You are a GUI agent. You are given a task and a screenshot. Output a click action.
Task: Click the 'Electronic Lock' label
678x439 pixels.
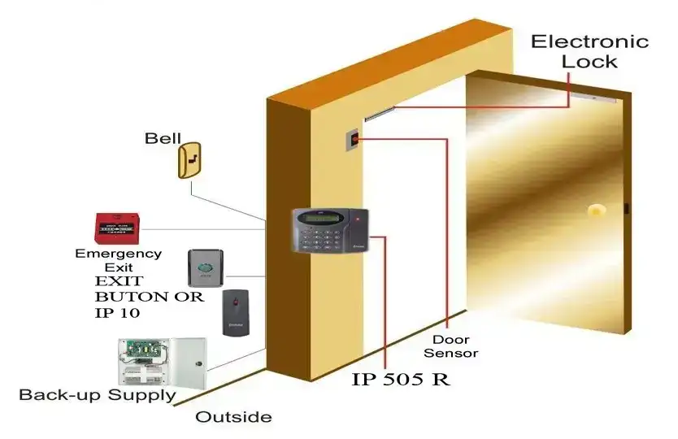tap(589, 50)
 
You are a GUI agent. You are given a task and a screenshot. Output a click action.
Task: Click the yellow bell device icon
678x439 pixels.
tap(189, 159)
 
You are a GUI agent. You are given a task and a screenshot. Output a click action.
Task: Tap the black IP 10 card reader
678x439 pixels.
tap(237, 312)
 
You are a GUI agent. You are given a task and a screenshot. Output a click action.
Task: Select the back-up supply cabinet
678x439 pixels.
tap(161, 361)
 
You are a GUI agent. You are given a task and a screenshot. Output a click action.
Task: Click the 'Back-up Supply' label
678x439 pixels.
tap(97, 395)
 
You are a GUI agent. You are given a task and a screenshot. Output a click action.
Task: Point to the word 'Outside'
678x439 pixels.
tap(233, 417)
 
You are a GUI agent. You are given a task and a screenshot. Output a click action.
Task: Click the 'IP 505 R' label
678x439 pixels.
tap(401, 379)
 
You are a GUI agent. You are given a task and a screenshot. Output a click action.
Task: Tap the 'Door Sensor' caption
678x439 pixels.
tap(454, 346)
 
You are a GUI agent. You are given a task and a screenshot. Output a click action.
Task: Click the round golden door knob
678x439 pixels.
tap(597, 211)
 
